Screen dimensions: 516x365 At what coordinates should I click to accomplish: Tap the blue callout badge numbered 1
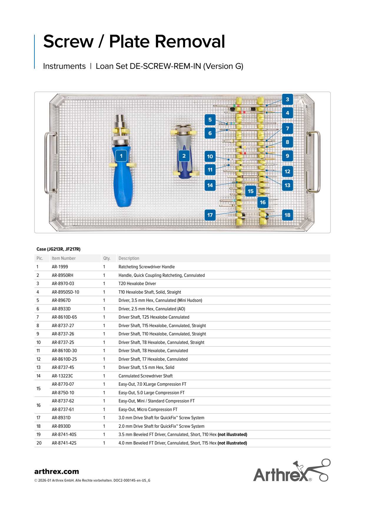click(x=121, y=156)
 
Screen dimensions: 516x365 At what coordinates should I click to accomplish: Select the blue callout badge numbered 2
click(x=184, y=156)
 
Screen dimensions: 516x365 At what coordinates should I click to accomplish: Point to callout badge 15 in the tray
click(x=250, y=191)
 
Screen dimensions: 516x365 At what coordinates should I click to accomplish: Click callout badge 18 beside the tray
click(x=287, y=215)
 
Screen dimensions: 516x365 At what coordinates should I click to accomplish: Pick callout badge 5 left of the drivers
click(x=210, y=120)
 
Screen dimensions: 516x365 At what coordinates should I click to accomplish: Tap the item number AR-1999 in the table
click(x=60, y=267)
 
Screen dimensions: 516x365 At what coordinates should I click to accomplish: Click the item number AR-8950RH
click(x=62, y=275)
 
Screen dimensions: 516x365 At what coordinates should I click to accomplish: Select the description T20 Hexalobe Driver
click(x=137, y=284)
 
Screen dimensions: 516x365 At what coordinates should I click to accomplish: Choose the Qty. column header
click(x=107, y=258)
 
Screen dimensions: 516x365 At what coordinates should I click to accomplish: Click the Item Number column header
click(x=64, y=258)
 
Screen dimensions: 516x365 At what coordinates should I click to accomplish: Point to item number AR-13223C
click(x=62, y=376)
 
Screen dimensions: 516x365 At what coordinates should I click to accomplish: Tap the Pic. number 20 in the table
click(x=39, y=443)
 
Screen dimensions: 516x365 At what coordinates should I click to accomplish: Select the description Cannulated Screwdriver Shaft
click(x=145, y=376)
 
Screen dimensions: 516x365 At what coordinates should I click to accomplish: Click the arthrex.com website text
click(x=57, y=472)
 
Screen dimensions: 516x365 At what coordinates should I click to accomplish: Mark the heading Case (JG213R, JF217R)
click(x=58, y=249)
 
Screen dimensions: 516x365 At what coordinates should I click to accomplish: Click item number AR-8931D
click(x=61, y=418)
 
